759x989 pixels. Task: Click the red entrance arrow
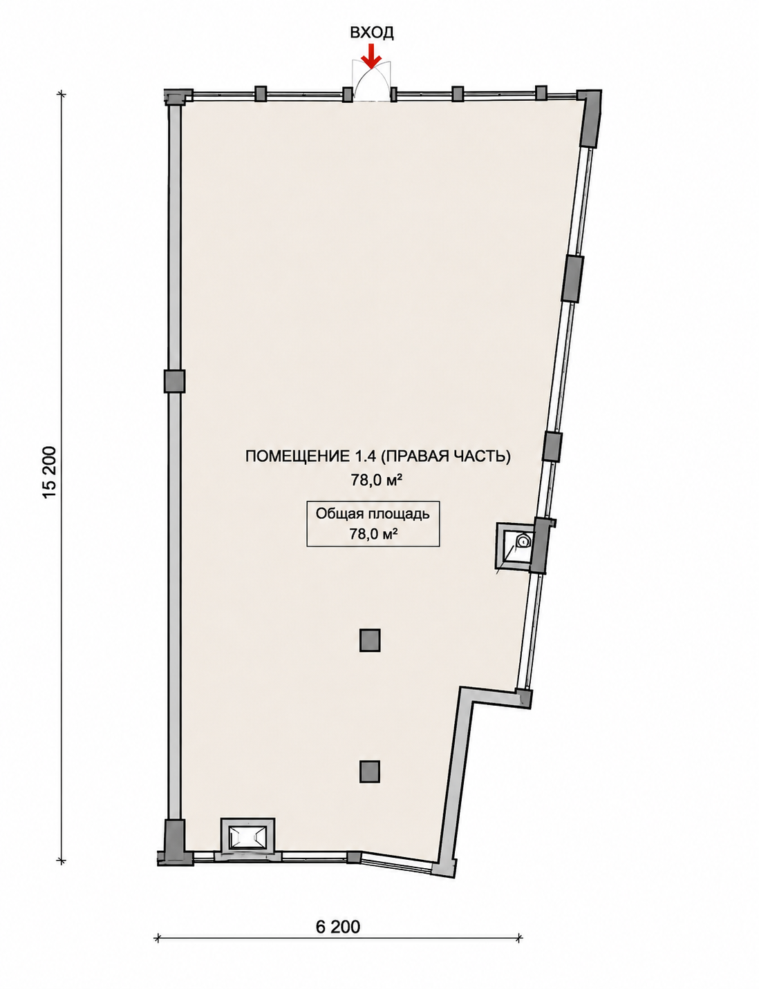[x=371, y=57]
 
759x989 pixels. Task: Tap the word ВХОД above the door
[x=371, y=32]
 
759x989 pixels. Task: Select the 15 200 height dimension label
[x=49, y=472]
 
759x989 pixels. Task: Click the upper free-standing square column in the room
[x=370, y=640]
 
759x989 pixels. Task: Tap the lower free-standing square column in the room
[x=370, y=771]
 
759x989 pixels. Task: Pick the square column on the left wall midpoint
[x=174, y=381]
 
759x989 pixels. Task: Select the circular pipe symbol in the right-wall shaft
[x=523, y=542]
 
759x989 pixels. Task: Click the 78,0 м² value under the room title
[x=375, y=480]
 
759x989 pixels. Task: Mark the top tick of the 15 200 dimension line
[x=62, y=95]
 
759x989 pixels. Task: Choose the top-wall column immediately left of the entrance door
[x=348, y=94]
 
